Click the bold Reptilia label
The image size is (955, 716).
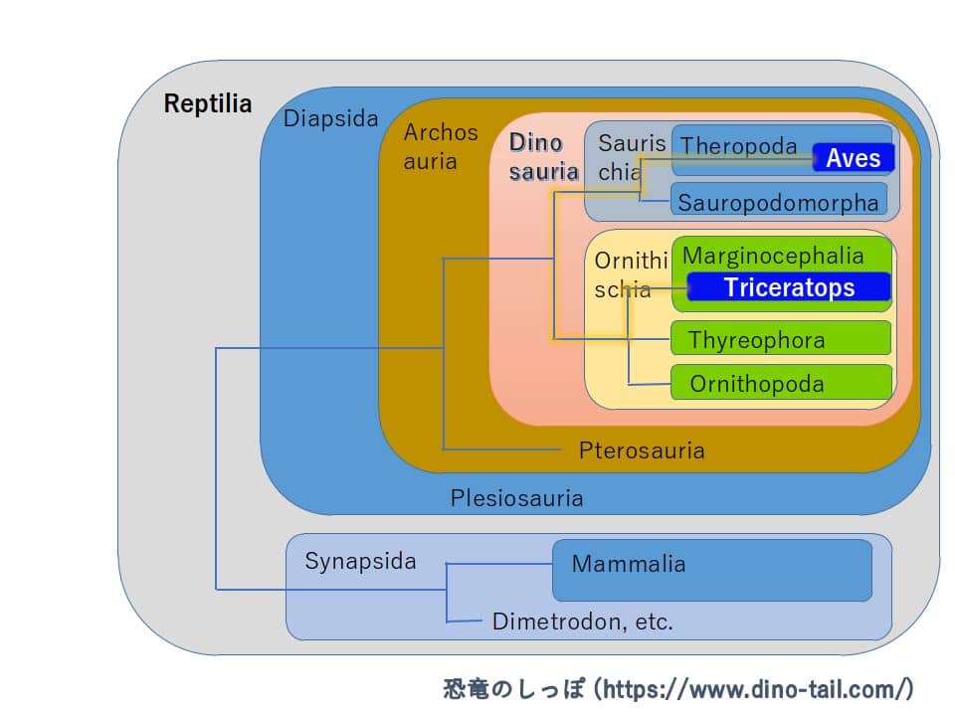pyautogui.click(x=208, y=103)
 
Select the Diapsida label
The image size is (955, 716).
pyautogui.click(x=330, y=119)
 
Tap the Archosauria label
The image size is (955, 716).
pyautogui.click(x=440, y=146)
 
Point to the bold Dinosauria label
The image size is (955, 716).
pyautogui.click(x=542, y=157)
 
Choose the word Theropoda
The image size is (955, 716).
pyautogui.click(x=738, y=146)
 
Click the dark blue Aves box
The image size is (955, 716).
pyautogui.click(x=853, y=158)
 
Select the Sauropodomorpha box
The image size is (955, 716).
pyautogui.click(x=779, y=202)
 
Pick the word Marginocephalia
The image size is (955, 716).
pyautogui.click(x=773, y=256)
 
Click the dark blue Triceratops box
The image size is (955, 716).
pyautogui.click(x=788, y=287)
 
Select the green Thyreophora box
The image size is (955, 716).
pyautogui.click(x=781, y=339)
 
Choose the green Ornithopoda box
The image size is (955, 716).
pyautogui.click(x=781, y=383)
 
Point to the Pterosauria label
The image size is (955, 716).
pyautogui.click(x=642, y=450)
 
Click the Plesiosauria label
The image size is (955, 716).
pyautogui.click(x=516, y=498)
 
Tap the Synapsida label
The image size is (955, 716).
pyautogui.click(x=360, y=561)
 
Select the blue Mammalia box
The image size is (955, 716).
pyautogui.click(x=711, y=570)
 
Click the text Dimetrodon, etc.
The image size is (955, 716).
pyautogui.click(x=582, y=623)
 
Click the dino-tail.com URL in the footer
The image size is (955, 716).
pyautogui.click(x=757, y=687)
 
